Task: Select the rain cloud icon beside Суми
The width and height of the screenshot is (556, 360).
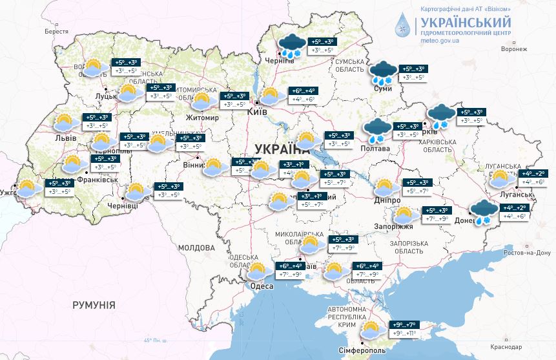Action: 383,72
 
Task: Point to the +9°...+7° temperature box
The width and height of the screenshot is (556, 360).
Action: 404,324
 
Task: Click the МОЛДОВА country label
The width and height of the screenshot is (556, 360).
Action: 196,248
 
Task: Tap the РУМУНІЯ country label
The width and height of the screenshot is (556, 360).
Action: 94,304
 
